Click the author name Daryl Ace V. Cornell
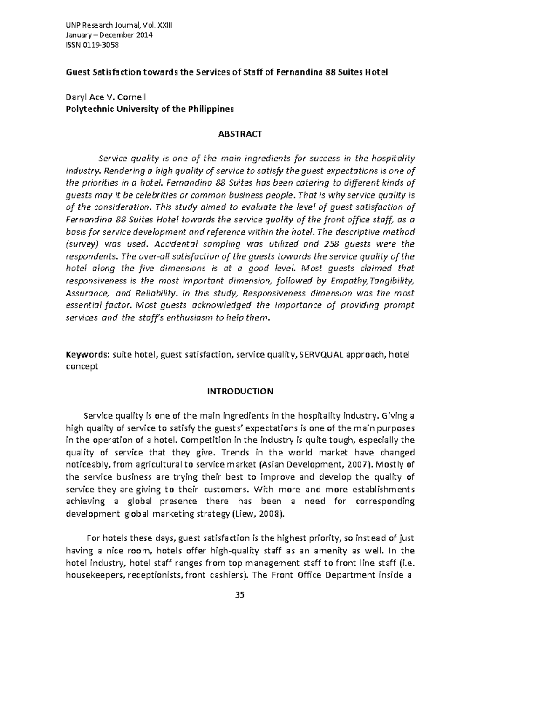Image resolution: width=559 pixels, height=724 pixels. (x=106, y=97)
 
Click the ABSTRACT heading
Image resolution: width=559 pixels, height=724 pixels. (x=240, y=134)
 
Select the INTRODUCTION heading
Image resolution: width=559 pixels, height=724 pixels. (x=240, y=392)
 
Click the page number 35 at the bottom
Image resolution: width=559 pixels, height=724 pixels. (x=240, y=595)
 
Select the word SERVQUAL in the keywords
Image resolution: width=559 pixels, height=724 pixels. (x=321, y=355)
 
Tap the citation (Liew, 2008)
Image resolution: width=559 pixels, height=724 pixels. (x=257, y=514)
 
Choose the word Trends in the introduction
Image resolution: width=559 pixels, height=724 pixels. (x=233, y=452)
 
